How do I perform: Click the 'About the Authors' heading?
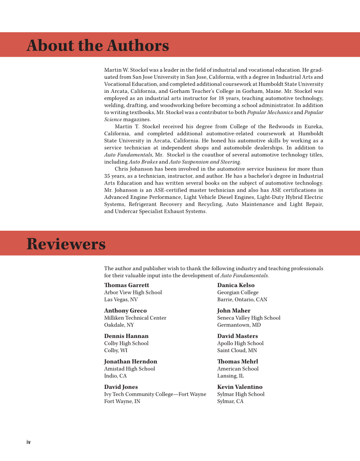point(98,45)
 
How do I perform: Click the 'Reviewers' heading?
point(66,244)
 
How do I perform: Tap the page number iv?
point(28,442)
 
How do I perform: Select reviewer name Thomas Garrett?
point(126,285)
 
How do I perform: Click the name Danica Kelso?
point(236,285)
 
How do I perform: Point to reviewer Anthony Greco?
point(125,310)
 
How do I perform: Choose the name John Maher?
point(234,310)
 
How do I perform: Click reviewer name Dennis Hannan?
point(126,336)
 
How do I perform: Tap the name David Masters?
point(237,336)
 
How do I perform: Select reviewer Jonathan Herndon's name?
point(131,361)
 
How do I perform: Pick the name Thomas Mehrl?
point(237,361)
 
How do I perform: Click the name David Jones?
point(121,387)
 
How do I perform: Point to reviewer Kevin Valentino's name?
point(240,387)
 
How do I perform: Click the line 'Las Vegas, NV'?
point(121,299)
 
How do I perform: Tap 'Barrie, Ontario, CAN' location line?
point(242,299)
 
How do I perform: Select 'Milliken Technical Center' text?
point(135,318)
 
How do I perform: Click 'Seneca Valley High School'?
point(248,318)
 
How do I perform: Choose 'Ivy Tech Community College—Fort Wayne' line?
point(155,394)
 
